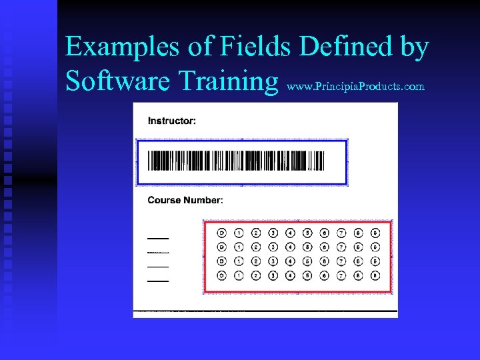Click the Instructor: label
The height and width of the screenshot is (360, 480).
172,121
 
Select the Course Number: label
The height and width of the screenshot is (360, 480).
185,200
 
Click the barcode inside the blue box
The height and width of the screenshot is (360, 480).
235,161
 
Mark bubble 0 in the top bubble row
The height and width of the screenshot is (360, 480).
221,233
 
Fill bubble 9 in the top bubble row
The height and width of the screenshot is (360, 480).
375,233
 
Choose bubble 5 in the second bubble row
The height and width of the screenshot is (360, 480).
307,247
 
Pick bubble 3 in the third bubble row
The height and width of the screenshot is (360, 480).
273,261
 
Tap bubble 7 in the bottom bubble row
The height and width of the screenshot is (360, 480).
341,275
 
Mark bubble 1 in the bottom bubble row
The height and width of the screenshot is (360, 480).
239,275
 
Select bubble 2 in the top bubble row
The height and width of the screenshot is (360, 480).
255,233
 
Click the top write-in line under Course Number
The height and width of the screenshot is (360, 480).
158,238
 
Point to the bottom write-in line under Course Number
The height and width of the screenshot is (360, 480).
158,281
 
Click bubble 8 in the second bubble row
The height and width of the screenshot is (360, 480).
358,247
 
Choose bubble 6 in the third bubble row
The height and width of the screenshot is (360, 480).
324,261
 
